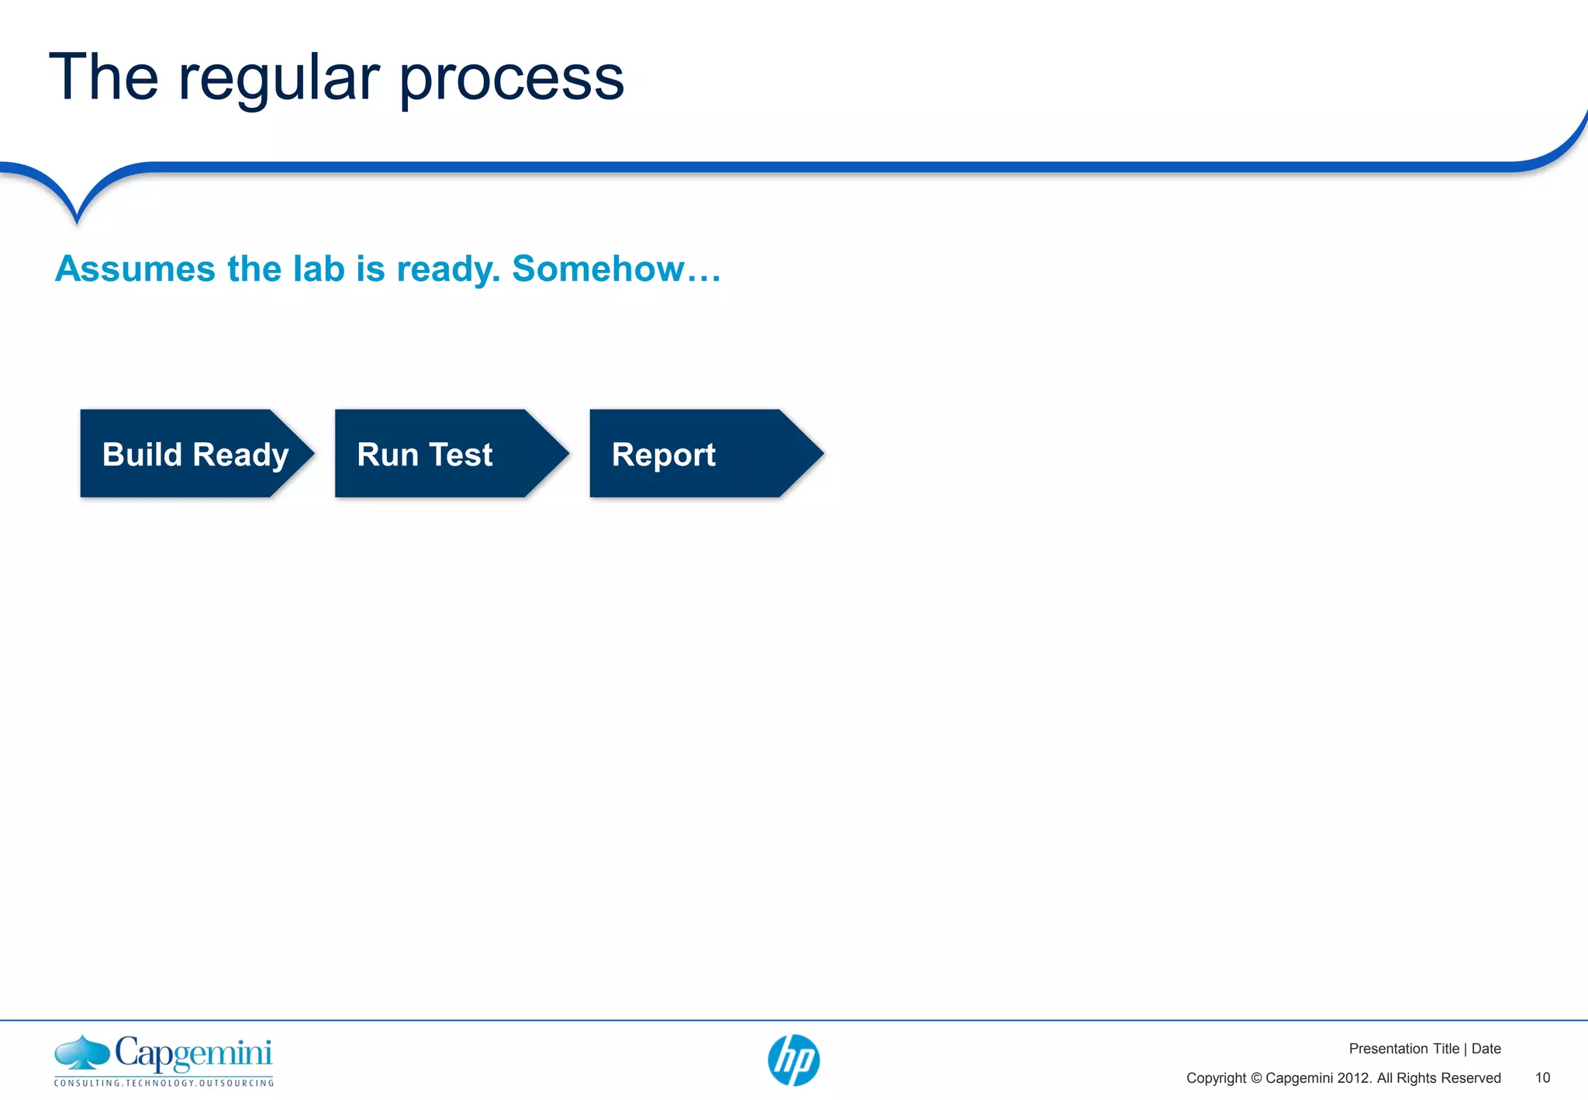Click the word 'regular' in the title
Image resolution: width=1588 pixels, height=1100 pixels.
279,79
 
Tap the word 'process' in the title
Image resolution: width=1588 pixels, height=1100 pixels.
512,79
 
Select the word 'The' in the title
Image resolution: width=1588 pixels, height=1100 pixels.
104,78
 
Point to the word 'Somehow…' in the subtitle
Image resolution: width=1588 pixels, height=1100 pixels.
616,269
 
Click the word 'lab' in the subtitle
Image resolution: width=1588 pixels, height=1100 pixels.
318,269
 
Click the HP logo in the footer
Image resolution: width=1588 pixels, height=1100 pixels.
793,1060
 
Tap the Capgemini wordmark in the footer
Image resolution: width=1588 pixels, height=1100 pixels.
194,1053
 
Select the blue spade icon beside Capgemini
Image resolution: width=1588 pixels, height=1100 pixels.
81,1053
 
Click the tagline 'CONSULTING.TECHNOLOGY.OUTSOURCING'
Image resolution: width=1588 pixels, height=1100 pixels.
164,1083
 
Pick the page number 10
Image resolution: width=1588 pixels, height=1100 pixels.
1542,1078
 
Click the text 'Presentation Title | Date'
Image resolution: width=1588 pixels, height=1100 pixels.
1424,1049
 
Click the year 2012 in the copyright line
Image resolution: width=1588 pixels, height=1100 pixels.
1354,1078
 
